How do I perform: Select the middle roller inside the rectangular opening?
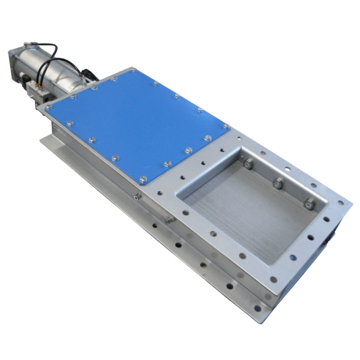click(277, 182)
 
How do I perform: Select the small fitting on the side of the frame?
click(137, 196)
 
